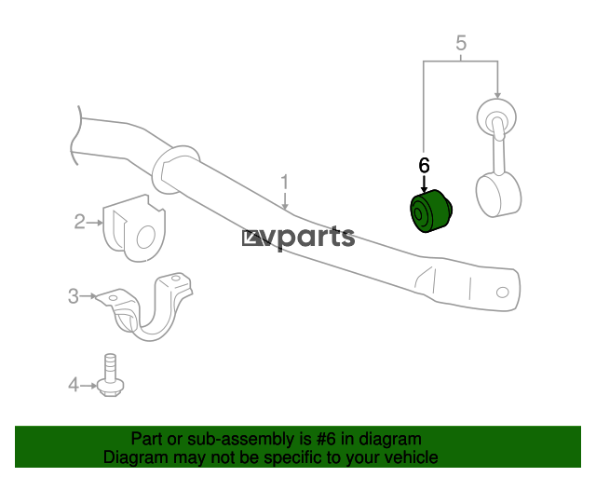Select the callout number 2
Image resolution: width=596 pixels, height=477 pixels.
coord(79,222)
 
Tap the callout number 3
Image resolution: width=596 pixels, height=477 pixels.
coord(74,296)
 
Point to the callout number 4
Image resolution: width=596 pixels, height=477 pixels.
coord(74,385)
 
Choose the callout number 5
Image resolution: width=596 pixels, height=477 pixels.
coord(461,43)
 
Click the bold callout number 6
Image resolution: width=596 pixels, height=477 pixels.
coord(424,166)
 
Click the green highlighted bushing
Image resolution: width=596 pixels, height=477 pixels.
coord(430,211)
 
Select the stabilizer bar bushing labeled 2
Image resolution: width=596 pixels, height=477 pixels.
coord(134,228)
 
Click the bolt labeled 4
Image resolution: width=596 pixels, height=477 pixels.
coord(110,375)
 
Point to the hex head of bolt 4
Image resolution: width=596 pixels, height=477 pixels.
coord(110,388)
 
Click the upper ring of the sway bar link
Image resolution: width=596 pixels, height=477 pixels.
coord(496,116)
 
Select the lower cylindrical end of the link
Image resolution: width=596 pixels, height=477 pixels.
coord(499,195)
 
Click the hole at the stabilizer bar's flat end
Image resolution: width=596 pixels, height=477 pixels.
coord(503,293)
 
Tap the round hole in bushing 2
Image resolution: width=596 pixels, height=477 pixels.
coord(146,237)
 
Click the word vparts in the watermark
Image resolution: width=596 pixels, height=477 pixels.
coord(308,238)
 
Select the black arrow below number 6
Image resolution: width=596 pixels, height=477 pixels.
coord(424,184)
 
